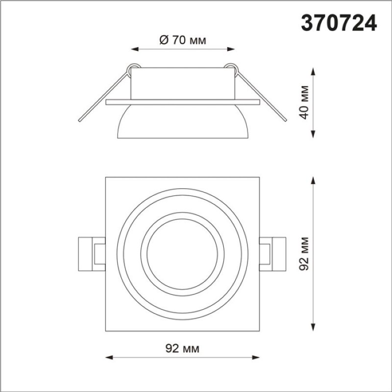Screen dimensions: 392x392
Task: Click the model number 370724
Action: pos(339,23)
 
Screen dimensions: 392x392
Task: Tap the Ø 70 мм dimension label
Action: pos(183,40)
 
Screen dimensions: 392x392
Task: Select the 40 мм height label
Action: pos(304,102)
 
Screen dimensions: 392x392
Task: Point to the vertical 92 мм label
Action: pos(304,253)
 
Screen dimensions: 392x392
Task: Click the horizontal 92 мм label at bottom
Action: pos(182,348)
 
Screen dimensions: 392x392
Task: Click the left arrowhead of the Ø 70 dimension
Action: pos(135,49)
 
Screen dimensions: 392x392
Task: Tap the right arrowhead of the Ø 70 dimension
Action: pos(231,49)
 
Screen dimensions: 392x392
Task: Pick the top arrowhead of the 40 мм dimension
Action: pos(313,72)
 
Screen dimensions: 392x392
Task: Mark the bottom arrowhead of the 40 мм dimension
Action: pos(313,134)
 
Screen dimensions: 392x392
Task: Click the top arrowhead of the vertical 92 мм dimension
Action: pos(313,181)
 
